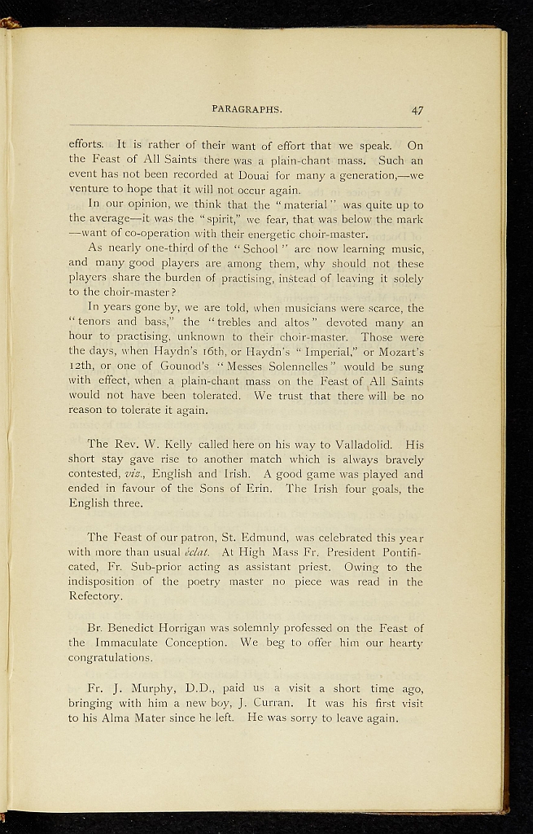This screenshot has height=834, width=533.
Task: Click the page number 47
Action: pyautogui.click(x=417, y=109)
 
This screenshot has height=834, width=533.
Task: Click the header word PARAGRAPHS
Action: pyautogui.click(x=247, y=108)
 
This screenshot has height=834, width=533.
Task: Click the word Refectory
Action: pyautogui.click(x=95, y=596)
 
